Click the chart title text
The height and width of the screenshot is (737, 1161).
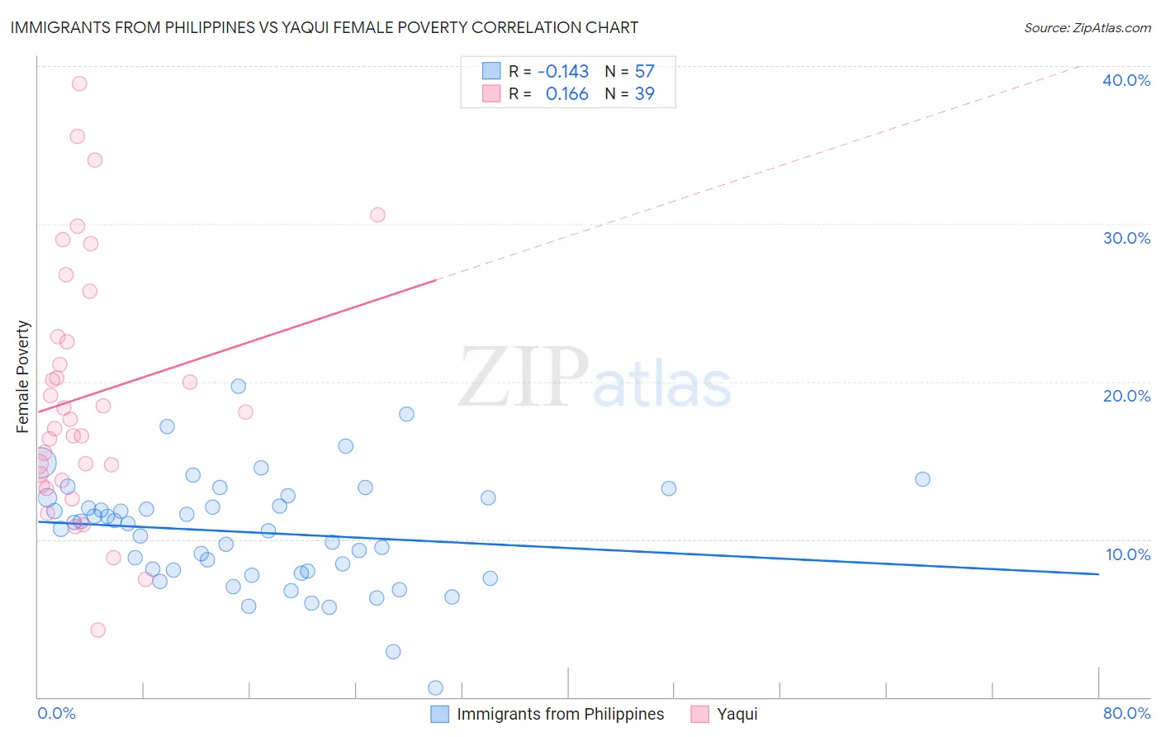click(324, 27)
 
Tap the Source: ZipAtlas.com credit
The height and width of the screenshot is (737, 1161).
click(1087, 27)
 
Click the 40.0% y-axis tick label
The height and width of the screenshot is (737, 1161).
click(1125, 80)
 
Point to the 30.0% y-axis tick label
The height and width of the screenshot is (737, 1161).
click(1125, 238)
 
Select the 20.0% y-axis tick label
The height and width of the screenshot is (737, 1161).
click(1125, 396)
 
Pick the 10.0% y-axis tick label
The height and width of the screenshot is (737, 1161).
click(1127, 554)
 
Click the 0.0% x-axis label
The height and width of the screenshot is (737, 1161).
click(56, 713)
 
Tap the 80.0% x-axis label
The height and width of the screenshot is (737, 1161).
click(1126, 713)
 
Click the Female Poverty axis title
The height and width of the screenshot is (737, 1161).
click(23, 377)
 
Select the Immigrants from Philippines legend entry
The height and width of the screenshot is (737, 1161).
click(547, 714)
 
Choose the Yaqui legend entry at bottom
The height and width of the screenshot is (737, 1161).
click(724, 714)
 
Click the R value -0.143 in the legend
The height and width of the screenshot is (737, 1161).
click(562, 71)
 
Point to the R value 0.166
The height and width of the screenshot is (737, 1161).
click(566, 94)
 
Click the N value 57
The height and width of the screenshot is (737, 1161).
click(644, 71)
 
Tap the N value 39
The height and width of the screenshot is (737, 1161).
click(644, 94)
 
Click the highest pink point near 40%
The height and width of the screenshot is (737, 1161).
click(79, 83)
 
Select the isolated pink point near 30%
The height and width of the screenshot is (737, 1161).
click(377, 215)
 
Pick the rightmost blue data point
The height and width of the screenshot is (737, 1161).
click(922, 479)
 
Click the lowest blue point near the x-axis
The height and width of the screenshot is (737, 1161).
click(435, 687)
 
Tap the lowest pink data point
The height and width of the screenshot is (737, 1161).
click(97, 630)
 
